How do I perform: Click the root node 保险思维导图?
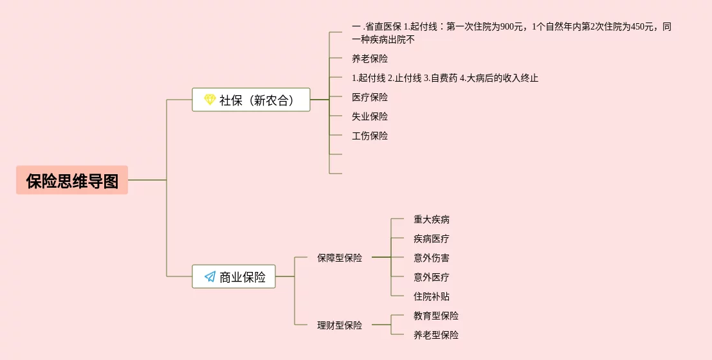pyautogui.click(x=72, y=181)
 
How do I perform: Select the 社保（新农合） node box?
pyautogui.click(x=251, y=100)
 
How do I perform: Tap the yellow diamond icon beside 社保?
pyautogui.click(x=210, y=100)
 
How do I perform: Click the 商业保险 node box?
pyautogui.click(x=233, y=276)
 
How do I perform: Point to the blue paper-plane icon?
pyautogui.click(x=210, y=276)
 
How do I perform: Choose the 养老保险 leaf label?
pyautogui.click(x=370, y=59)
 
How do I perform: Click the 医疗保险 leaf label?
pyautogui.click(x=370, y=97)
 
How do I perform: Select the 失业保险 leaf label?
pyautogui.click(x=370, y=116)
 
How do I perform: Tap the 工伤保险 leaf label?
pyautogui.click(x=370, y=136)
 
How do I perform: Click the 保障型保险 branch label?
pyautogui.click(x=340, y=258)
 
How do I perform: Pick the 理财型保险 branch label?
pyautogui.click(x=340, y=325)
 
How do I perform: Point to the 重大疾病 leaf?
pyautogui.click(x=432, y=219)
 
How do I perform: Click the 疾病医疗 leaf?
pyautogui.click(x=432, y=239)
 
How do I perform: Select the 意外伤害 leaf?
pyautogui.click(x=432, y=258)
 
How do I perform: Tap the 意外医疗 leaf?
pyautogui.click(x=432, y=277)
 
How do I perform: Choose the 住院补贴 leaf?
pyautogui.click(x=432, y=296)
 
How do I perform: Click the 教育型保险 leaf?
pyautogui.click(x=436, y=316)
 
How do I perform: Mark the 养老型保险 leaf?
pyautogui.click(x=436, y=335)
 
